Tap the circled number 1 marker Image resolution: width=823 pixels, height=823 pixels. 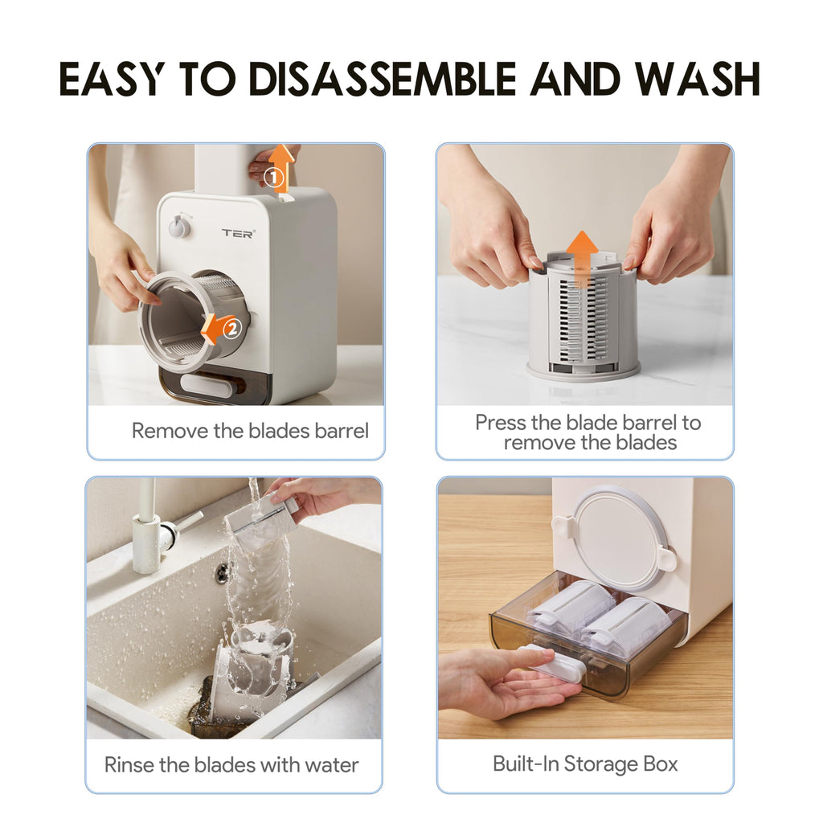pos(275,176)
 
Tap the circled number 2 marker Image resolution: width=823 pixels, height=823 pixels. pos(231,328)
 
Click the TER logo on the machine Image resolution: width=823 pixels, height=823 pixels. pos(238,233)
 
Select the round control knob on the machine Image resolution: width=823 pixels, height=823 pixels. pos(178,227)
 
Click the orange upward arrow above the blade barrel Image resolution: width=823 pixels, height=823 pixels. pos(582,256)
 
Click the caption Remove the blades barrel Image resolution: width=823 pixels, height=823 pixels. pos(250,431)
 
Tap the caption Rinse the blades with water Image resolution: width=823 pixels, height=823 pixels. pos(231,764)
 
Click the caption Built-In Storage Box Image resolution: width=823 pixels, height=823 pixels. pos(585,764)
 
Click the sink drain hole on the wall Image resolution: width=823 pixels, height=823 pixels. pos(222,572)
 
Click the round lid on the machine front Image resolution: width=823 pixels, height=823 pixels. pos(620,538)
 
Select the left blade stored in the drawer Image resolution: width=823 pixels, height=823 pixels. pos(571,608)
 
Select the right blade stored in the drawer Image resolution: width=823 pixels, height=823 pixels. pos(629,624)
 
